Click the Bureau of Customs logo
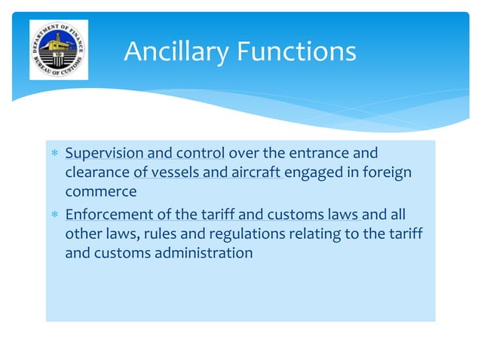[58, 50]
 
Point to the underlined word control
[198, 154]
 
